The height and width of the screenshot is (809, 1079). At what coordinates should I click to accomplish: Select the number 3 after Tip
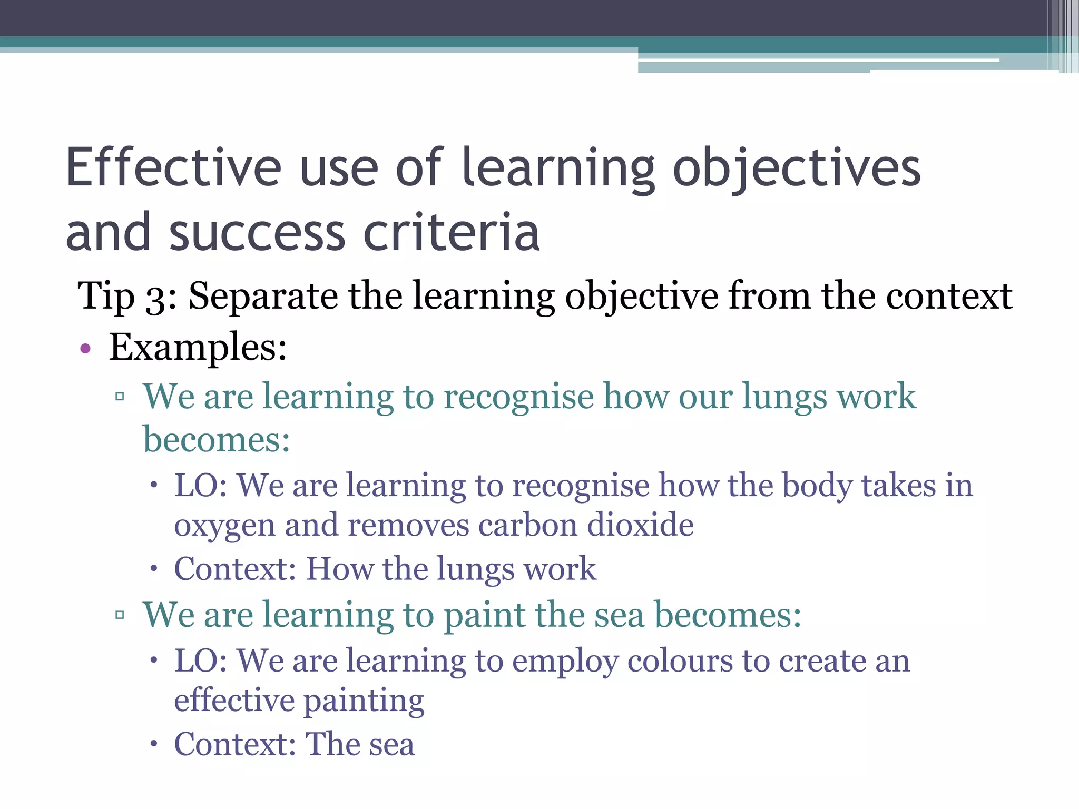[x=156, y=298]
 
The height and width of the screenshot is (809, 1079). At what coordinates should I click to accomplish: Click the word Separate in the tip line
[x=263, y=297]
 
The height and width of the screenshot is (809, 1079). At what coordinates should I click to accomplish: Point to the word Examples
[x=198, y=348]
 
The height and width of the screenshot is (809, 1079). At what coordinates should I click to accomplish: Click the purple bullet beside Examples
[x=85, y=349]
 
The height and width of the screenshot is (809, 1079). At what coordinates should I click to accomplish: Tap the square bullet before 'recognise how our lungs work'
[x=120, y=397]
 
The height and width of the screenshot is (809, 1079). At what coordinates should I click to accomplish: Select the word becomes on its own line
[x=216, y=439]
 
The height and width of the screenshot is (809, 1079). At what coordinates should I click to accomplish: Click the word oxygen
[x=225, y=526]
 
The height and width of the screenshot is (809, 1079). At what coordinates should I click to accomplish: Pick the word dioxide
[x=640, y=525]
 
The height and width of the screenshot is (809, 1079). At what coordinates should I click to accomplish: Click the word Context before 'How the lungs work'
[x=235, y=569]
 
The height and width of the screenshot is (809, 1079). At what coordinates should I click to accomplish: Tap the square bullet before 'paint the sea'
[x=120, y=615]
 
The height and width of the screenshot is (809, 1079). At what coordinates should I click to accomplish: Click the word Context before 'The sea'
[x=235, y=744]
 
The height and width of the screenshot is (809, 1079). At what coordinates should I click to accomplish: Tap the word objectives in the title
[x=797, y=169]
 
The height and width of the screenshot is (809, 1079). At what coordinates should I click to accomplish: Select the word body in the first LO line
[x=817, y=486]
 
